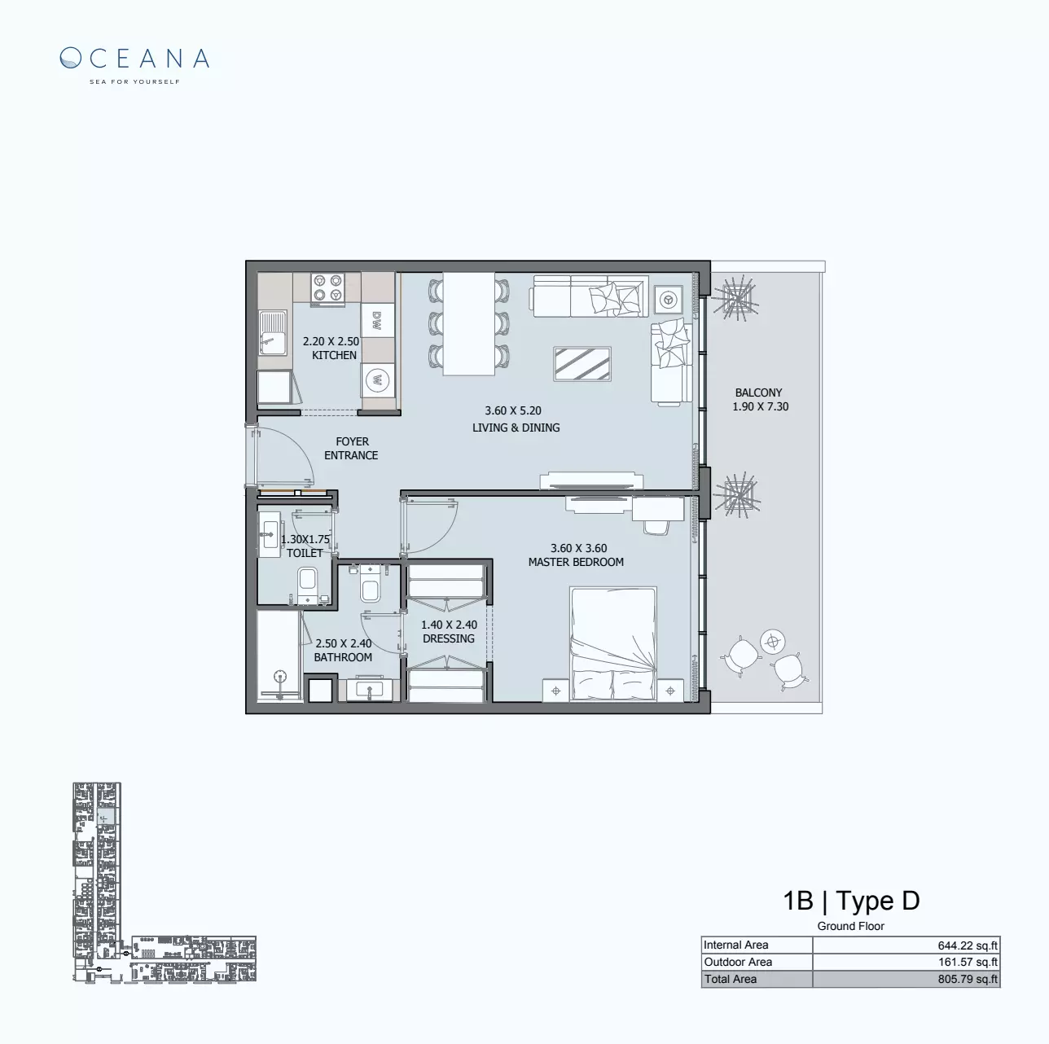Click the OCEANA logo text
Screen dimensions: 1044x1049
(135, 58)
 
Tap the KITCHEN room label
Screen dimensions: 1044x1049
(334, 355)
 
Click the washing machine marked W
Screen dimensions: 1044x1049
(376, 379)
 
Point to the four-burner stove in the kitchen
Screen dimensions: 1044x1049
(328, 288)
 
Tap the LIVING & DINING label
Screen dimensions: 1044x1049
(516, 428)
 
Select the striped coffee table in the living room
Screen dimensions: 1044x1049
(582, 363)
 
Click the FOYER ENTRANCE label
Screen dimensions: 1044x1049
(351, 449)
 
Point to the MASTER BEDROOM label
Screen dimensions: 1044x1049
(576, 562)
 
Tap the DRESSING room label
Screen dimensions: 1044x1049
(449, 638)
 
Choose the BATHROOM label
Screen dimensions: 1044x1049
(343, 657)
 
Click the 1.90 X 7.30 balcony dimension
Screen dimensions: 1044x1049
(761, 406)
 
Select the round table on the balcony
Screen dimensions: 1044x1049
(771, 642)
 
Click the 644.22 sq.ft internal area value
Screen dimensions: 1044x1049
(968, 945)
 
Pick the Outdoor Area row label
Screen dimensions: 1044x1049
(738, 962)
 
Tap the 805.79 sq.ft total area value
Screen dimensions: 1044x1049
(968, 979)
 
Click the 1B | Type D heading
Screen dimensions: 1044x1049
(851, 901)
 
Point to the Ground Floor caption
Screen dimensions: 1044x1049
(851, 926)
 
